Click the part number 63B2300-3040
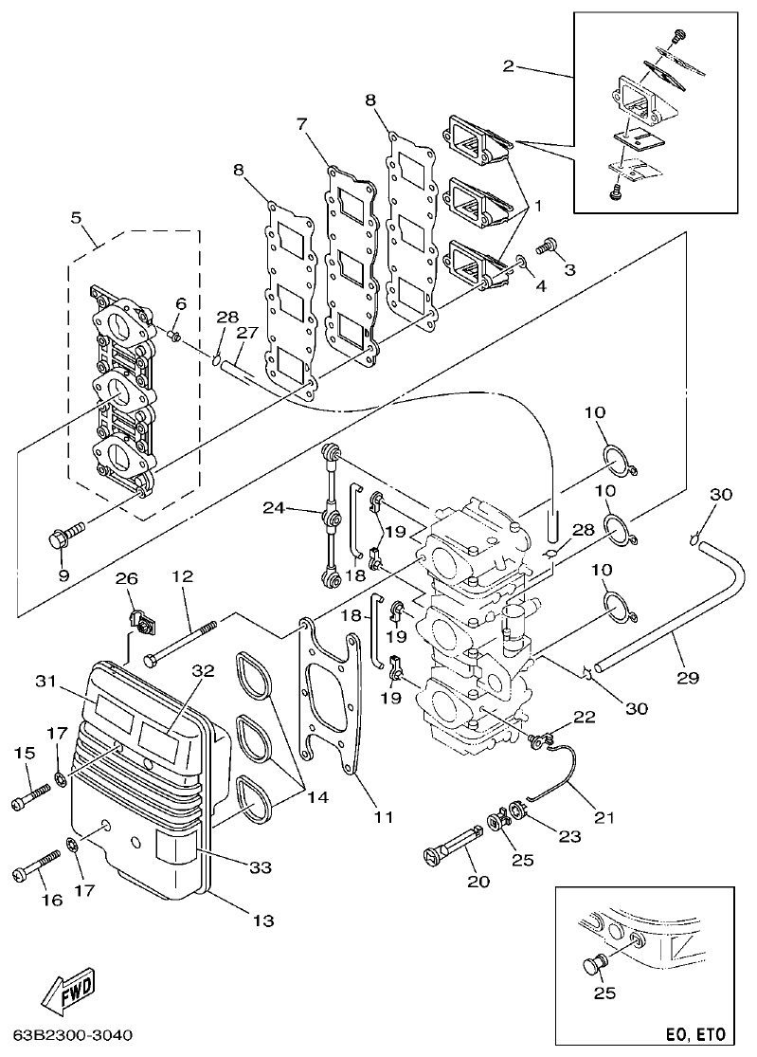click(73, 1033)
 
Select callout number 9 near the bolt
click(64, 574)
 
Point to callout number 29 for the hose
click(689, 678)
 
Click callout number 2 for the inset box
click(509, 65)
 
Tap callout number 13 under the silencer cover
click(263, 920)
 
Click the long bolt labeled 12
click(180, 642)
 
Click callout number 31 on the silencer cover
click(46, 681)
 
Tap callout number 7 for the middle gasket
click(301, 124)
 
